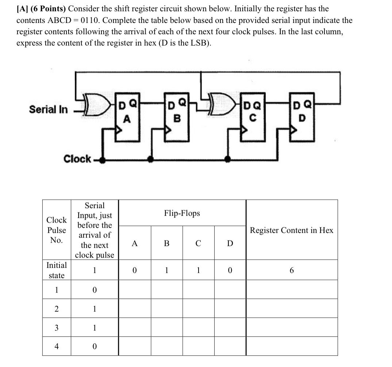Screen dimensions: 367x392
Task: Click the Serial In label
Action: (x=49, y=109)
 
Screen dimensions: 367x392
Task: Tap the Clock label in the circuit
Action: (x=77, y=159)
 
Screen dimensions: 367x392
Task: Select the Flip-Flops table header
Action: (x=182, y=213)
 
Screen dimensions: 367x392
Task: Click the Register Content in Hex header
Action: (x=291, y=230)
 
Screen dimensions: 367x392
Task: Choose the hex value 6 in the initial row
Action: (x=291, y=270)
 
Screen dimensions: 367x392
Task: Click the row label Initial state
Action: (x=57, y=270)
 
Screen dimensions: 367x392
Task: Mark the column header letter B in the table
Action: (x=166, y=243)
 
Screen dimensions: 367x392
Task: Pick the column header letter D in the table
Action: (x=230, y=243)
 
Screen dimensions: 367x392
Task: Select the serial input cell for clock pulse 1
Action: (x=95, y=290)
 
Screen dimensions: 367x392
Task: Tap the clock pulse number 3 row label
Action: (x=57, y=328)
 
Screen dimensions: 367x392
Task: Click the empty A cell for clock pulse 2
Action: (x=135, y=309)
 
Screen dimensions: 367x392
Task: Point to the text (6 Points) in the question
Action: (x=49, y=9)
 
